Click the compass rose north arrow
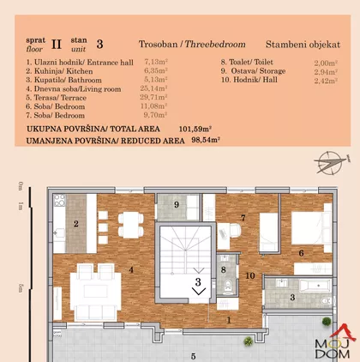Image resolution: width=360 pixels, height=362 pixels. (333, 162)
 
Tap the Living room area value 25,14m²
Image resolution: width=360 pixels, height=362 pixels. (153, 88)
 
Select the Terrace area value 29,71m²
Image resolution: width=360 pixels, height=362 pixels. (153, 98)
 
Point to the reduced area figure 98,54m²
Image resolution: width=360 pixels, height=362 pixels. (206, 141)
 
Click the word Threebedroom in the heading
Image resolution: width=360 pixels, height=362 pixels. (215, 45)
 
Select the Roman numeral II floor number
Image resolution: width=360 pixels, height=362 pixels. (57, 45)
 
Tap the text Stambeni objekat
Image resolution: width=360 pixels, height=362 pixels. (303, 45)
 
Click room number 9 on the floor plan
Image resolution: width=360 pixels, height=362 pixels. (177, 205)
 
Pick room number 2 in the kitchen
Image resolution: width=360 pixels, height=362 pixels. (76, 224)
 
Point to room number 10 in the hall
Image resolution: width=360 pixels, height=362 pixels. (250, 275)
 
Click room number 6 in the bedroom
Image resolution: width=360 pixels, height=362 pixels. (301, 253)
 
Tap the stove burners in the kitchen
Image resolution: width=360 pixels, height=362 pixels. (59, 201)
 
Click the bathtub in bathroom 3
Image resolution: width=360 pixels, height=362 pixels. (315, 286)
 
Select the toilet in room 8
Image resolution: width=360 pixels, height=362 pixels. (228, 286)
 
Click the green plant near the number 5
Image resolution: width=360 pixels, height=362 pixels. (249, 341)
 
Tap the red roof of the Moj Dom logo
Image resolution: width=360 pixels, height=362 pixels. (344, 331)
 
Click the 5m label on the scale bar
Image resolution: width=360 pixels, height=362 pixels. (20, 288)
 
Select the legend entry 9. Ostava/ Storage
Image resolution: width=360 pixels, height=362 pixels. (253, 71)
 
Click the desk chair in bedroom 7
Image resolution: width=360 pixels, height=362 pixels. (235, 230)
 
